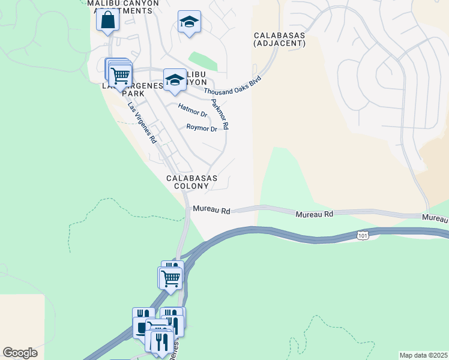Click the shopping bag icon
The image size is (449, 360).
107,20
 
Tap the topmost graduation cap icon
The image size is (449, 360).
189,23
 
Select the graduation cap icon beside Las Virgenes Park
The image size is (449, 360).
175,80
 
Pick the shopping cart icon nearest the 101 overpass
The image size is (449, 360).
170,278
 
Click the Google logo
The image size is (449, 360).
20,353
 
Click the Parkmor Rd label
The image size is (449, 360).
220,115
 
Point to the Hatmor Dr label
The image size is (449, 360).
193,110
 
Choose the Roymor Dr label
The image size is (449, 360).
201,128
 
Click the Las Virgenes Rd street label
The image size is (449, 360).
142,122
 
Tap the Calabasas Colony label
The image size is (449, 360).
191,182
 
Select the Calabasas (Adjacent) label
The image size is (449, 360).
279,39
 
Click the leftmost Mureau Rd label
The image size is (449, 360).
211,211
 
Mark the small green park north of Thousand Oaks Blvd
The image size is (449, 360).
202,61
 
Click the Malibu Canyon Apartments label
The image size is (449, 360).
124,7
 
